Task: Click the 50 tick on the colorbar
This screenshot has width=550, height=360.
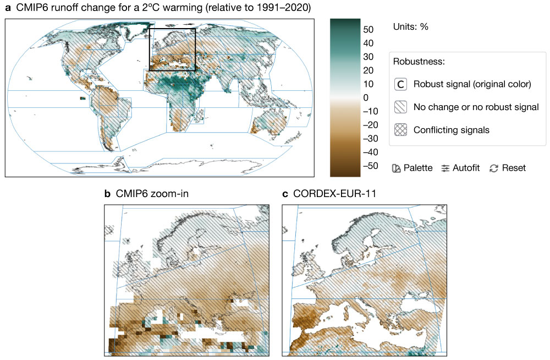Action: coord(369,29)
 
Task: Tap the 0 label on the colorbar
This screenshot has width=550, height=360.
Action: coord(365,97)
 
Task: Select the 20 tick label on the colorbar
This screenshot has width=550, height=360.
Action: coord(369,70)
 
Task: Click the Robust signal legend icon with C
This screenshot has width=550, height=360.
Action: coord(401,84)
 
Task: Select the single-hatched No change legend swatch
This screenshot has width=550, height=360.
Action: coord(401,107)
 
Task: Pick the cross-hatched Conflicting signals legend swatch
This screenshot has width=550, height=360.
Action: coord(401,130)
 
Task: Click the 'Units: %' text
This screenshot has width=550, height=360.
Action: coord(411,26)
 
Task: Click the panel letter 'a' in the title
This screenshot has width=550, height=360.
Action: coord(8,8)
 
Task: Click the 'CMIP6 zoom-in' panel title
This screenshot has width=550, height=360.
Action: coord(148,194)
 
